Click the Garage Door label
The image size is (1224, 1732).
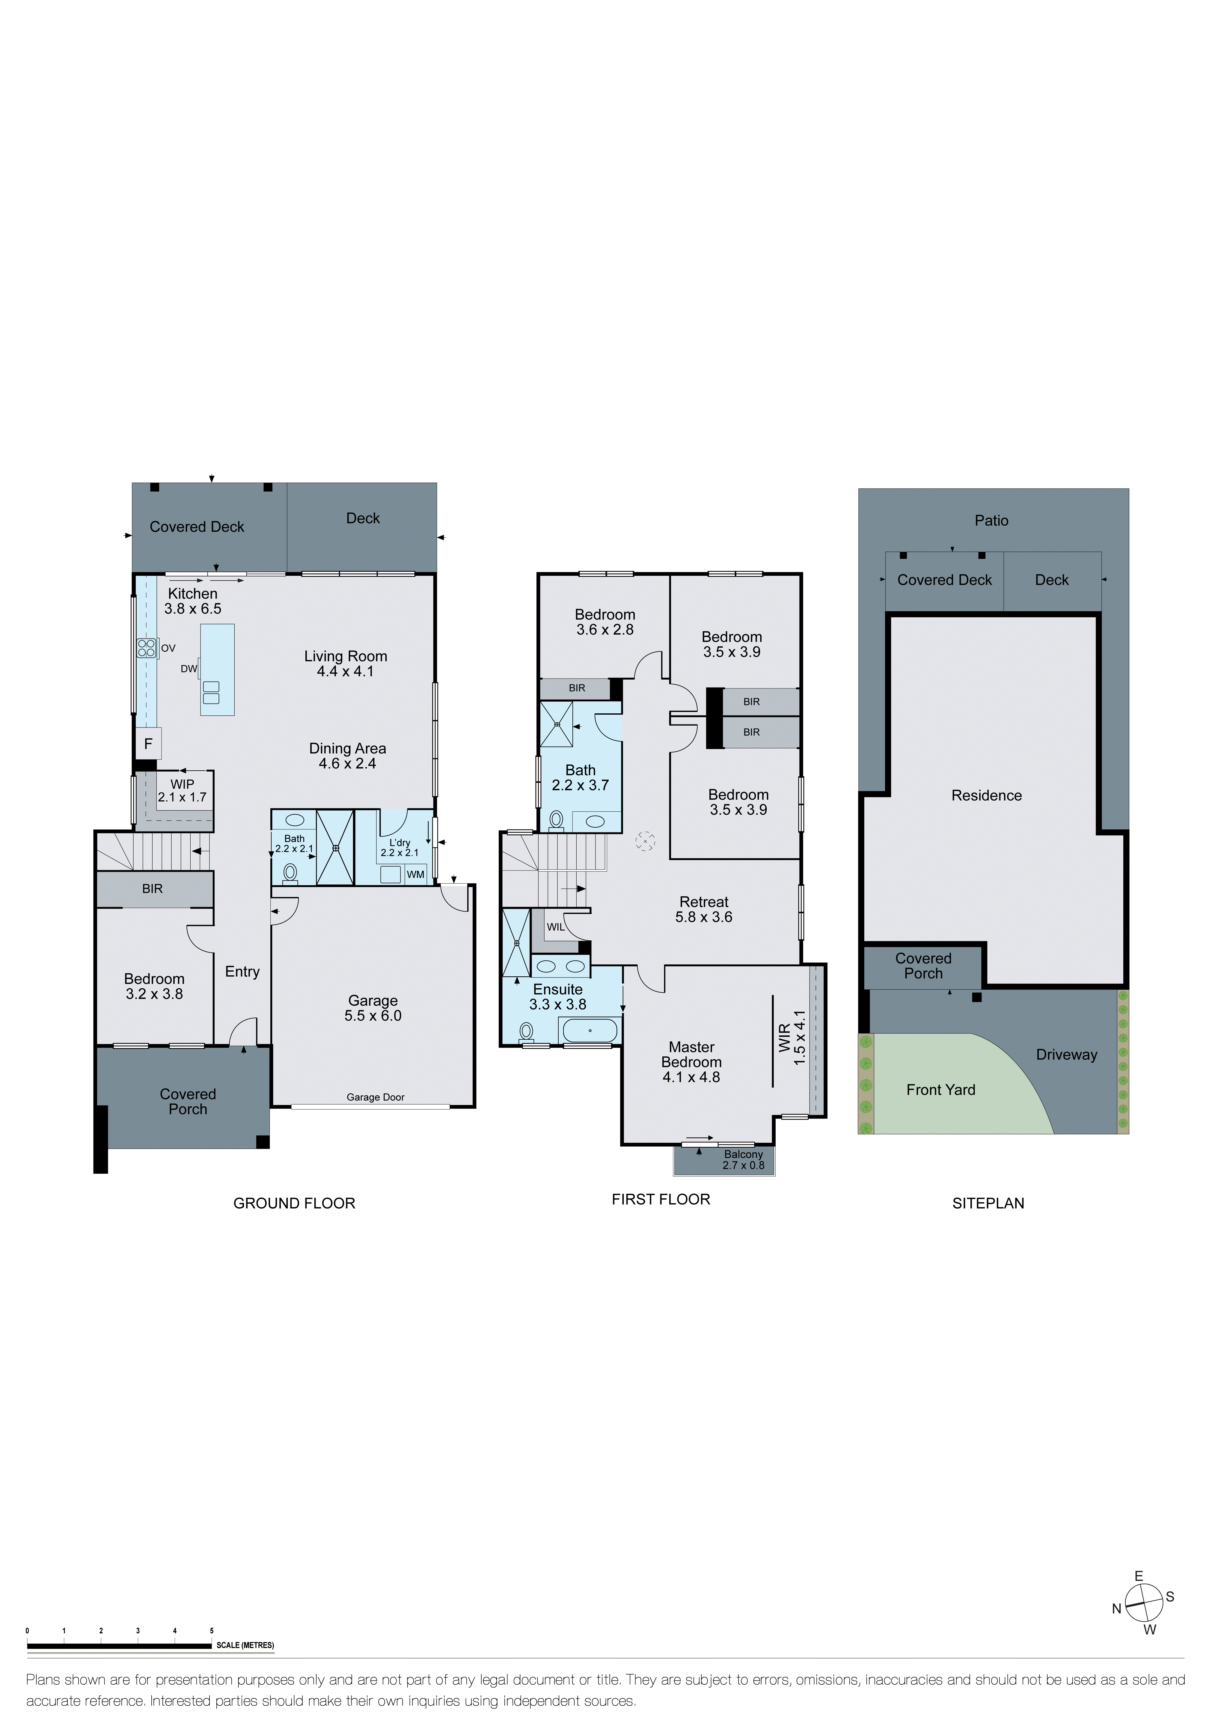point(376,1097)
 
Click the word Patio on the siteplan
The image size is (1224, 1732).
point(991,521)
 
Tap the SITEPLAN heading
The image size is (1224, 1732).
point(988,1203)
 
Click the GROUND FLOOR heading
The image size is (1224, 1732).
point(294,1203)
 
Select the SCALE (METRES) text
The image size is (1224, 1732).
point(245,1645)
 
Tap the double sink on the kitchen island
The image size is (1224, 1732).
point(211,692)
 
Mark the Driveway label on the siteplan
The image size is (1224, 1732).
point(1066,1055)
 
